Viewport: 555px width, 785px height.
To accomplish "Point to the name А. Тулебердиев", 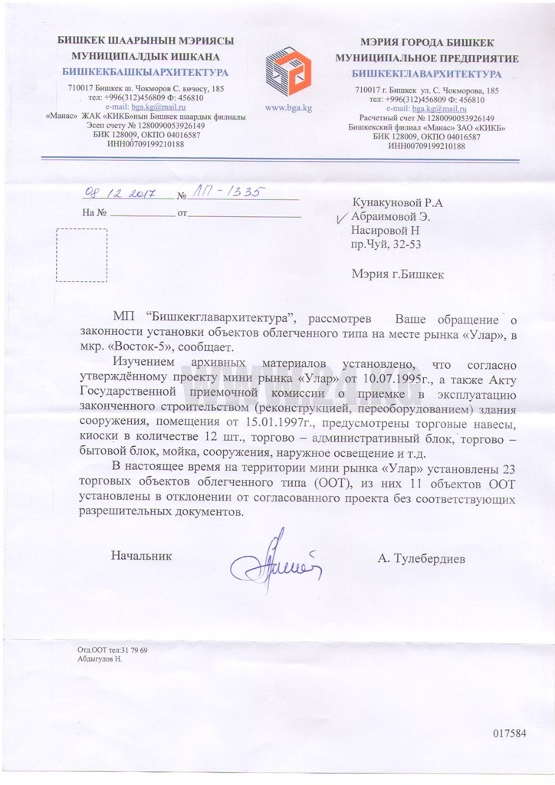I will pos(421,560).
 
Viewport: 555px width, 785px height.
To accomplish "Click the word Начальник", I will pos(142,554).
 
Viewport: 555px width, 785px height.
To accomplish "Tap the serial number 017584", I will pos(509,732).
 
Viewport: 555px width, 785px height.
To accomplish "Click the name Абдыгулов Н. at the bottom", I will pos(100,659).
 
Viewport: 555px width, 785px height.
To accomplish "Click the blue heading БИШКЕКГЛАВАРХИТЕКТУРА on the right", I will pos(426,74).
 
